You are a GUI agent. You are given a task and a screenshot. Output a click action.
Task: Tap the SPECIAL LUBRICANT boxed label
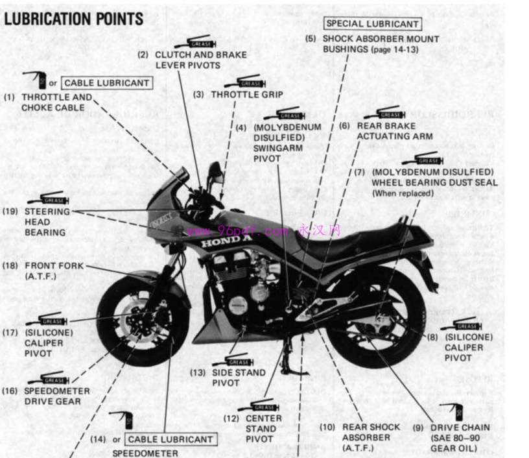(372, 24)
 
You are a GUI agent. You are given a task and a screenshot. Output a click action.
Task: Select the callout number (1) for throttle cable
(9, 97)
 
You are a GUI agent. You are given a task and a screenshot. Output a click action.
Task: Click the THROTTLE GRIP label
(246, 94)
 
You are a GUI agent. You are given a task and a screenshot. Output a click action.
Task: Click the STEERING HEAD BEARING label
(47, 222)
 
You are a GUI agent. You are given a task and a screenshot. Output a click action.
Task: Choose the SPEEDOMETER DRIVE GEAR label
(57, 396)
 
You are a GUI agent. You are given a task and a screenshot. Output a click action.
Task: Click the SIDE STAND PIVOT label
(239, 378)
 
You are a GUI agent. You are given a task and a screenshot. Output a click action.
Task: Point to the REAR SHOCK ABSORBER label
(371, 437)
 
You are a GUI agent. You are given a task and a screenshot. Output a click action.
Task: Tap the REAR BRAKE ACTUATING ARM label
(394, 131)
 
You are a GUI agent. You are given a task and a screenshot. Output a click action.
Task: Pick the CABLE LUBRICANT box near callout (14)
(169, 439)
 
